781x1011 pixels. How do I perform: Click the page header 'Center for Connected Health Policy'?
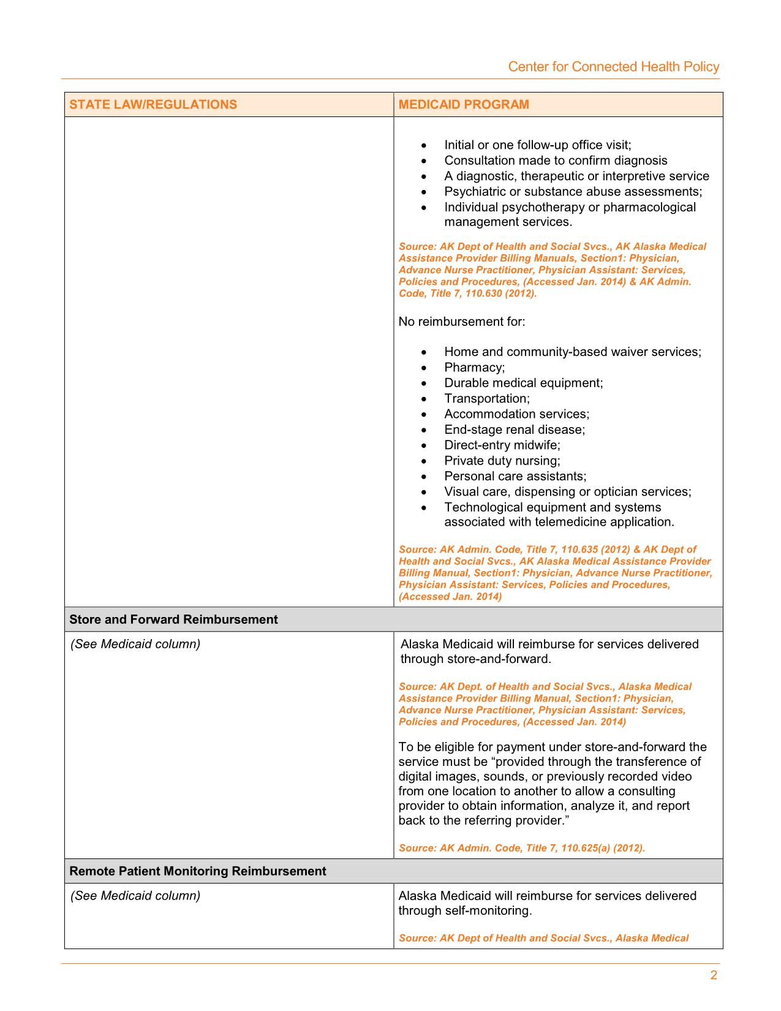613,67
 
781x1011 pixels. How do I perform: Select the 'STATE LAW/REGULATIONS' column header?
153,104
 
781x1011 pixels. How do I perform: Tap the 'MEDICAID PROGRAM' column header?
464,104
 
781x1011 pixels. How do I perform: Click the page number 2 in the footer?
714,975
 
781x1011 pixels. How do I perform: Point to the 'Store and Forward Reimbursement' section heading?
173,619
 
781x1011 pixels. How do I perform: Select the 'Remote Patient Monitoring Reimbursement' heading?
198,871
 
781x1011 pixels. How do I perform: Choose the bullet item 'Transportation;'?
487,398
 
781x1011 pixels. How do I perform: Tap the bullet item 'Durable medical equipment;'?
524,383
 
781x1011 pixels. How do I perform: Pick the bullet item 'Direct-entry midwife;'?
502,445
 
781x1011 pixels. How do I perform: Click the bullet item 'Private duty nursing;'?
502,461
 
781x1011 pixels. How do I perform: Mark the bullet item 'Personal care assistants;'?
515,476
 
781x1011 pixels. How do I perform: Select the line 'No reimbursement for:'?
462,321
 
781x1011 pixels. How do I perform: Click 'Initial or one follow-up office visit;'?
538,145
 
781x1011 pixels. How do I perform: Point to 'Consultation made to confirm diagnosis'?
556,161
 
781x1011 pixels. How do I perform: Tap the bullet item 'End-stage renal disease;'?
515,430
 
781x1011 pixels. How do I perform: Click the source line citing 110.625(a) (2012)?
522,848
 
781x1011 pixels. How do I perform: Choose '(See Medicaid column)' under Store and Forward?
135,644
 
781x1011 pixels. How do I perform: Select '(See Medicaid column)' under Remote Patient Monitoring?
135,896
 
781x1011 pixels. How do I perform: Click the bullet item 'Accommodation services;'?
517,414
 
